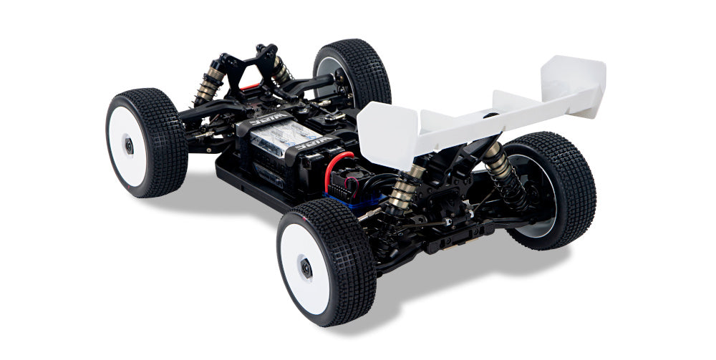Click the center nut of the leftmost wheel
pyautogui.click(x=130, y=145)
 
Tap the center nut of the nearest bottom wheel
pyautogui.click(x=306, y=269)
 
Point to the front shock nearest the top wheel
pyautogui.click(x=281, y=72)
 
